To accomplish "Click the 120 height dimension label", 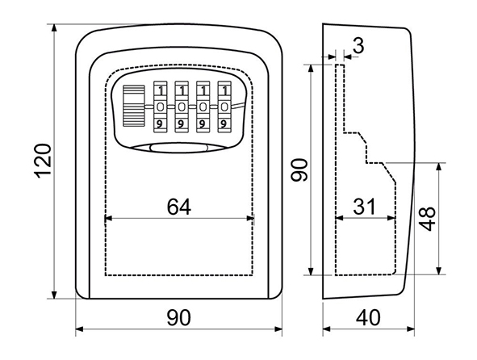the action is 42,161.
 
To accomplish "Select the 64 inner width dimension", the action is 179,207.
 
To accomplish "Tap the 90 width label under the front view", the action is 179,317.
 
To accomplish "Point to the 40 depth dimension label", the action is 368,317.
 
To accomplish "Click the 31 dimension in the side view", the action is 365,207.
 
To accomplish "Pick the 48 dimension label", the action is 427,219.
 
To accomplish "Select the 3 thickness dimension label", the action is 359,46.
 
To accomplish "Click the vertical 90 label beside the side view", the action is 299,170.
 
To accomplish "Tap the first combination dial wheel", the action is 161,107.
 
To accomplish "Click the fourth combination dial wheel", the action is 224,107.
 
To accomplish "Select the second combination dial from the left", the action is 182,107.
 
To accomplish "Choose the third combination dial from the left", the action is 203,107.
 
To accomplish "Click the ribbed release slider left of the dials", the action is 133,106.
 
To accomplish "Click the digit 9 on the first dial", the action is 159,123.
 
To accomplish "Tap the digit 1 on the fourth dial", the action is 225,90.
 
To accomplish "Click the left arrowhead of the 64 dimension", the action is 108,218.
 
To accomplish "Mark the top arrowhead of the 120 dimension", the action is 54,28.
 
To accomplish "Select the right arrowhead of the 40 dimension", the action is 411,329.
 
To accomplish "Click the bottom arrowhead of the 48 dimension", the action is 438,271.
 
